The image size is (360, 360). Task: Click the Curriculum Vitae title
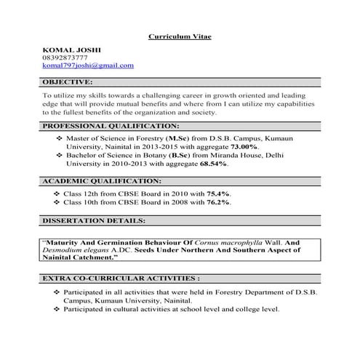180,36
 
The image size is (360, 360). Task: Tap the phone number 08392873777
65,57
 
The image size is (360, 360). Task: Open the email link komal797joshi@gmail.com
88,65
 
